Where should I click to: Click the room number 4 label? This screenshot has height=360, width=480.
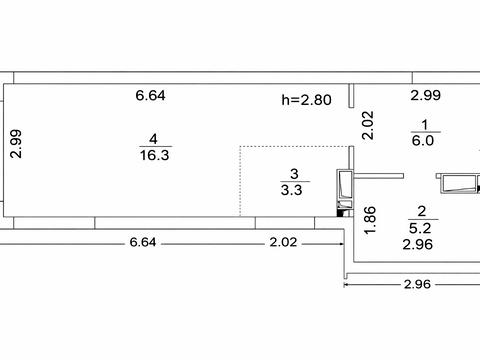[153, 139]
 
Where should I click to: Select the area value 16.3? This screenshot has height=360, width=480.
[155, 155]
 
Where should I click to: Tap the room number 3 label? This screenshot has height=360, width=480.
[294, 174]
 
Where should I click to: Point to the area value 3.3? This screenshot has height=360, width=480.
[292, 190]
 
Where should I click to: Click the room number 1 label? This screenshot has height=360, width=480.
[424, 125]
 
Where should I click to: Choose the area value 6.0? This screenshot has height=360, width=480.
[423, 141]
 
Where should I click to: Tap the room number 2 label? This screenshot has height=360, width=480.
[422, 211]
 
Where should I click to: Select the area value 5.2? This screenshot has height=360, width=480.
[420, 228]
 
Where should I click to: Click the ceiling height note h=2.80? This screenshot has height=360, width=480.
[306, 100]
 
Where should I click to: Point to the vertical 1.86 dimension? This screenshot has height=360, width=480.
[370, 220]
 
